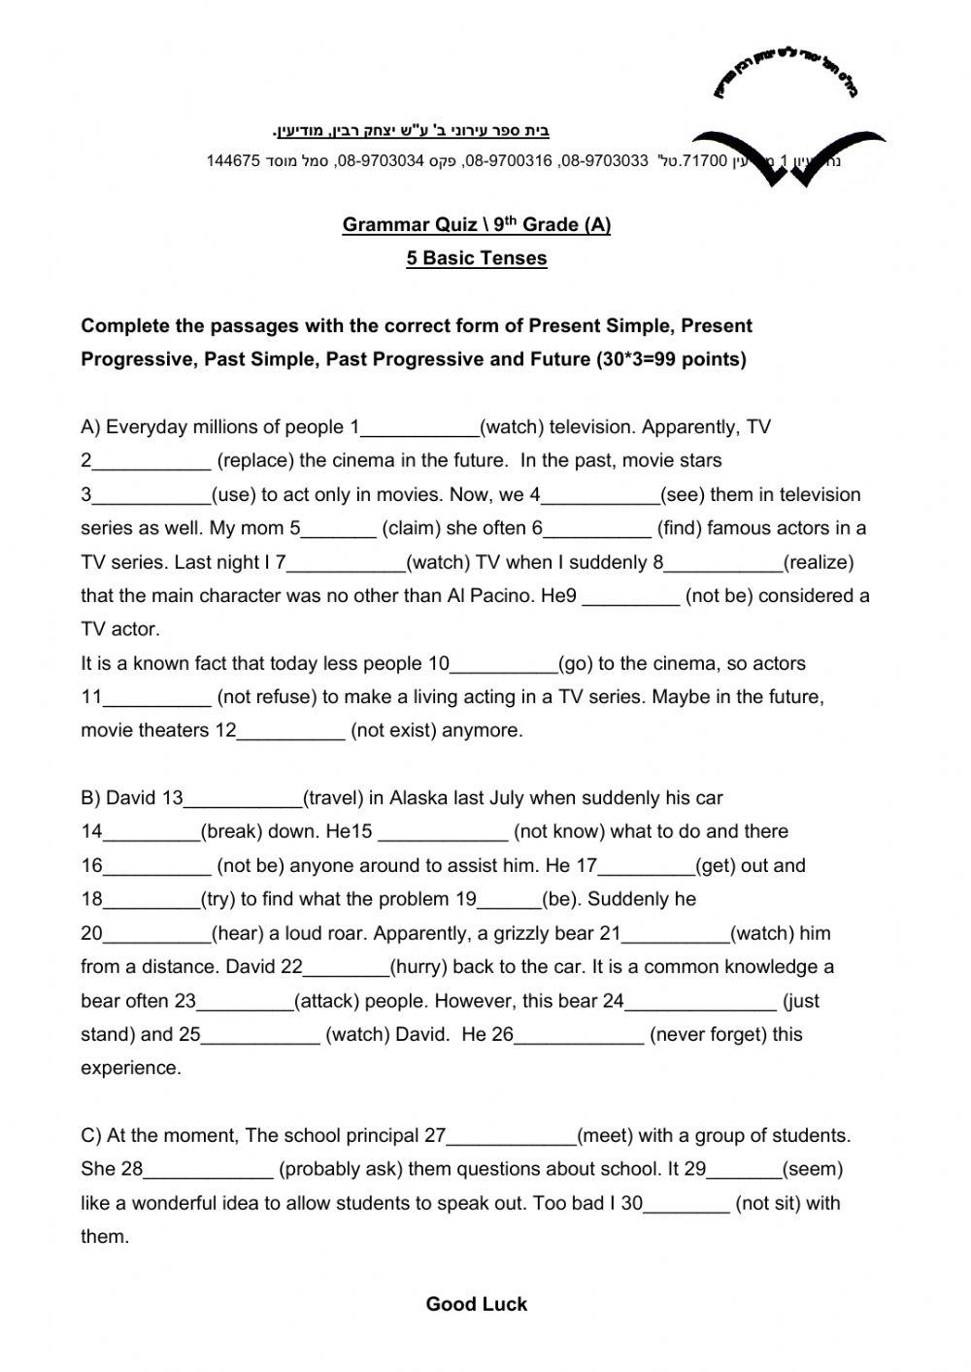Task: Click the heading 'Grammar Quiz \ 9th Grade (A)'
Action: click(x=476, y=225)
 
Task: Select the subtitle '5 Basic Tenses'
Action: click(x=476, y=258)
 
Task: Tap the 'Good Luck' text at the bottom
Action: click(x=476, y=1304)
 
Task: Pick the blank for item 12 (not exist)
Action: click(x=290, y=732)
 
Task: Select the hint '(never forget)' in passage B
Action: click(x=708, y=1035)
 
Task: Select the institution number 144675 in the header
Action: click(x=232, y=161)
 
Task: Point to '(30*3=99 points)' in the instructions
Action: click(x=669, y=360)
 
